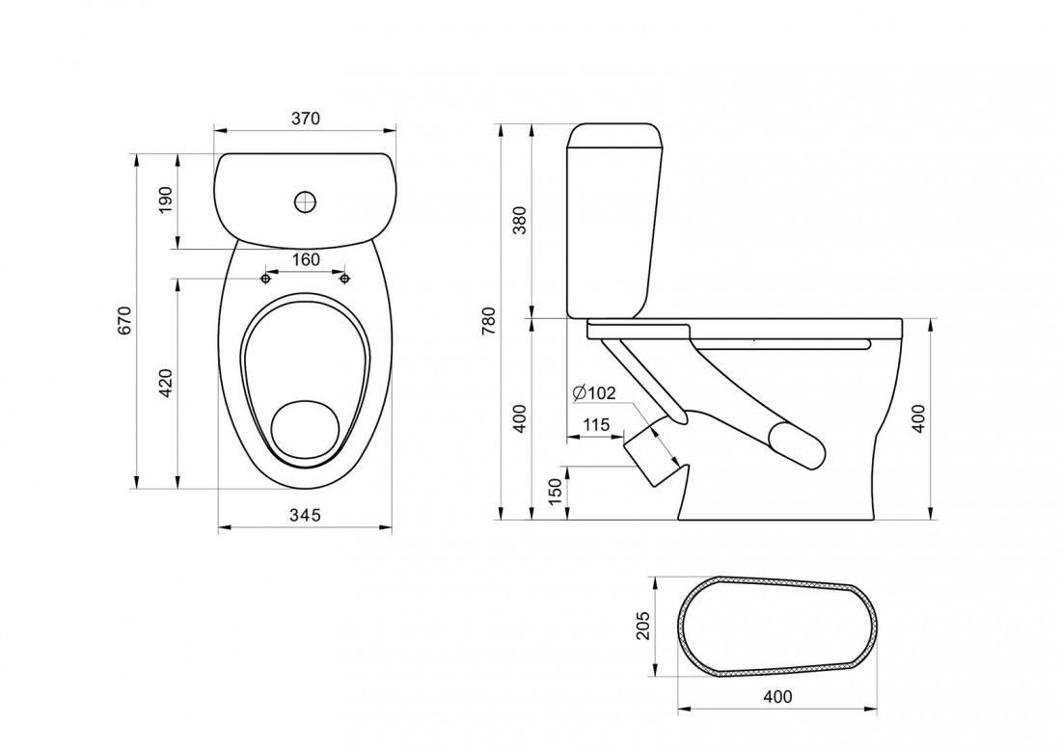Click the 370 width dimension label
click(x=305, y=119)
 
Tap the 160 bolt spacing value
click(x=306, y=259)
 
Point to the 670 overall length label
click(x=124, y=321)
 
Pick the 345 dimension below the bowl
click(x=305, y=515)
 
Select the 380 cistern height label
click(x=519, y=220)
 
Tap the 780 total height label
click(x=489, y=321)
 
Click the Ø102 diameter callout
click(x=593, y=392)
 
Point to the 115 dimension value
click(x=596, y=425)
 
